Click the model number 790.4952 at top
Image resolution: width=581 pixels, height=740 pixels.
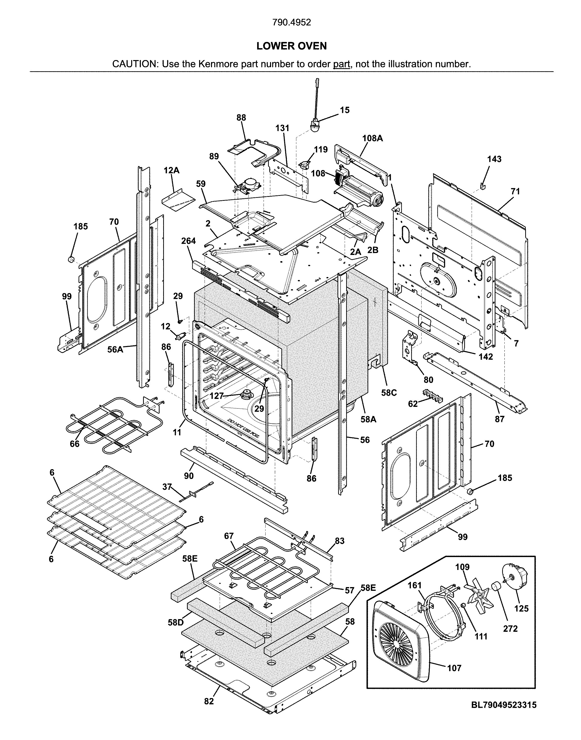coord(292,23)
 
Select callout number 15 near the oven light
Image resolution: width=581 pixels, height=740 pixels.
coord(345,110)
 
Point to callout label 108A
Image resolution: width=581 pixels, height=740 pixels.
coord(372,138)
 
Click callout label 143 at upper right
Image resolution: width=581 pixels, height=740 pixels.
coord(494,159)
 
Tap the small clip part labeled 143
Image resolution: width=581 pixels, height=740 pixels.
coord(482,186)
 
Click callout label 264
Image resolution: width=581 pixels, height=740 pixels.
coord(188,241)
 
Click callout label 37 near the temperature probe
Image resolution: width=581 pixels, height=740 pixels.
coord(167,487)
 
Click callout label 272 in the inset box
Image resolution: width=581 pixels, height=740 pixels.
coord(510,629)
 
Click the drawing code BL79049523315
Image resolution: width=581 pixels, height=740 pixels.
coord(504,712)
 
